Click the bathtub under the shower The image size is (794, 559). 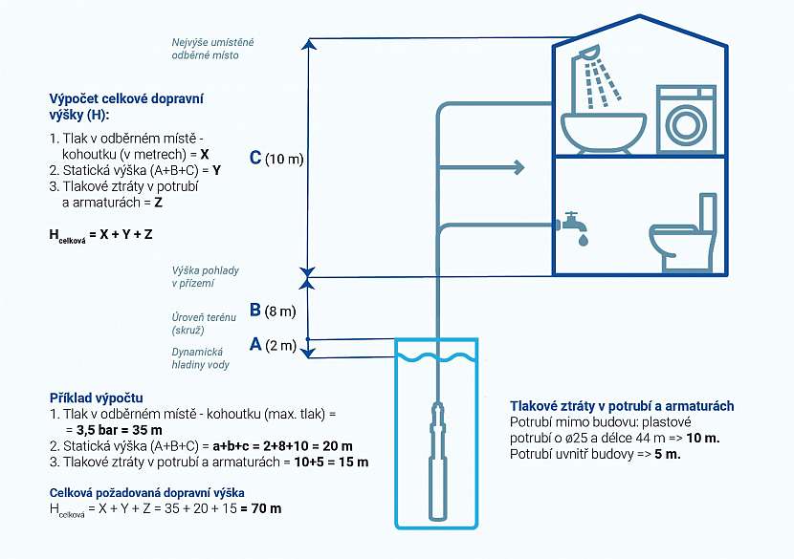pyautogui.click(x=604, y=132)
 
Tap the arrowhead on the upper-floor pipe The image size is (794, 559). pyautogui.click(x=518, y=168)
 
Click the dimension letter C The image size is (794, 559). pyautogui.click(x=254, y=159)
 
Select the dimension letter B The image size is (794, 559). pyautogui.click(x=254, y=310)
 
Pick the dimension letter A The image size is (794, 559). pyautogui.click(x=254, y=344)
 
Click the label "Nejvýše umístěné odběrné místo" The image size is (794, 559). pyautogui.click(x=211, y=49)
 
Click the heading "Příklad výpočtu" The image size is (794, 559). pyautogui.click(x=97, y=398)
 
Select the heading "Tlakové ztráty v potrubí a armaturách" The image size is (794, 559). pyautogui.click(x=622, y=405)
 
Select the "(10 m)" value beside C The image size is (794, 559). pyautogui.click(x=284, y=160)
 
